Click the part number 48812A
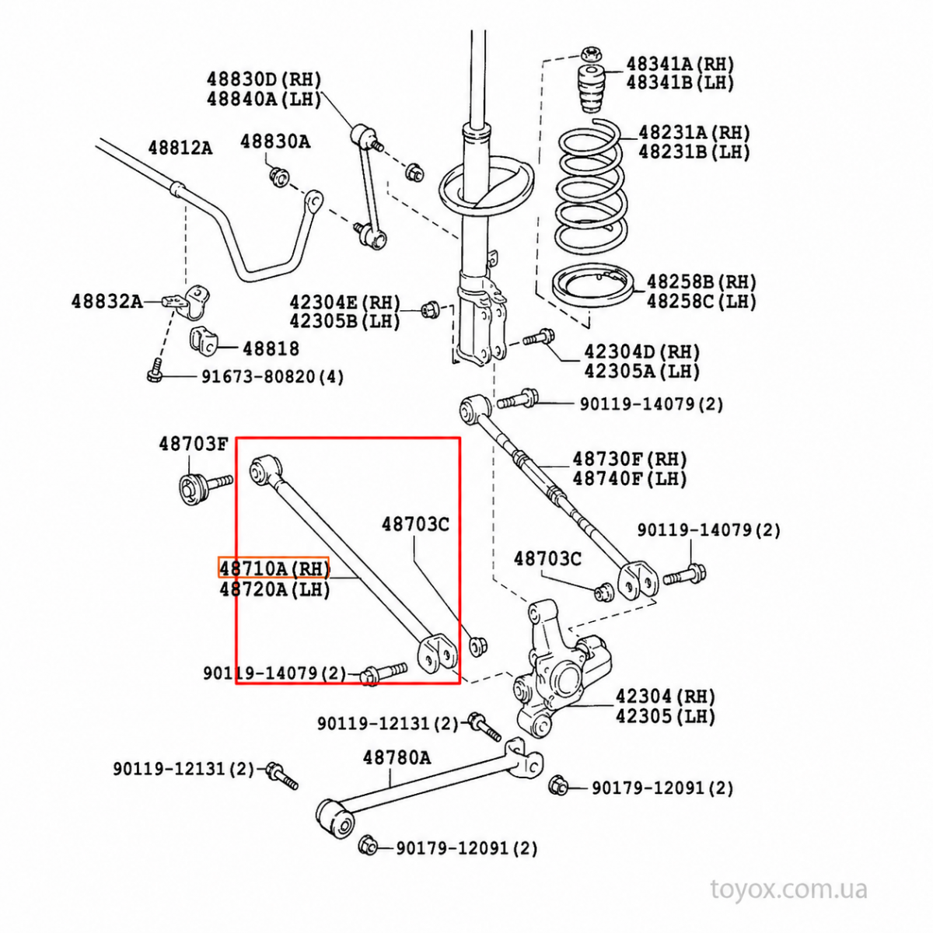pos(180,147)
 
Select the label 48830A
pos(275,142)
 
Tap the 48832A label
pos(107,301)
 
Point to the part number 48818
pos(271,348)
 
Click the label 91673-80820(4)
pos(273,376)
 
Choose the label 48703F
pos(193,443)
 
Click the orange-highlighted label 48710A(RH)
pos(274,568)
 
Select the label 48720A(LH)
pos(274,589)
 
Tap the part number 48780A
pos(397,757)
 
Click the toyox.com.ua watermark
pos(788,889)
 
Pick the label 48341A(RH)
pos(680,64)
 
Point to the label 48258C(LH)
pos(701,302)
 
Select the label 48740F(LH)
pos(630,479)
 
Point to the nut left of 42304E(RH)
pos(430,309)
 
